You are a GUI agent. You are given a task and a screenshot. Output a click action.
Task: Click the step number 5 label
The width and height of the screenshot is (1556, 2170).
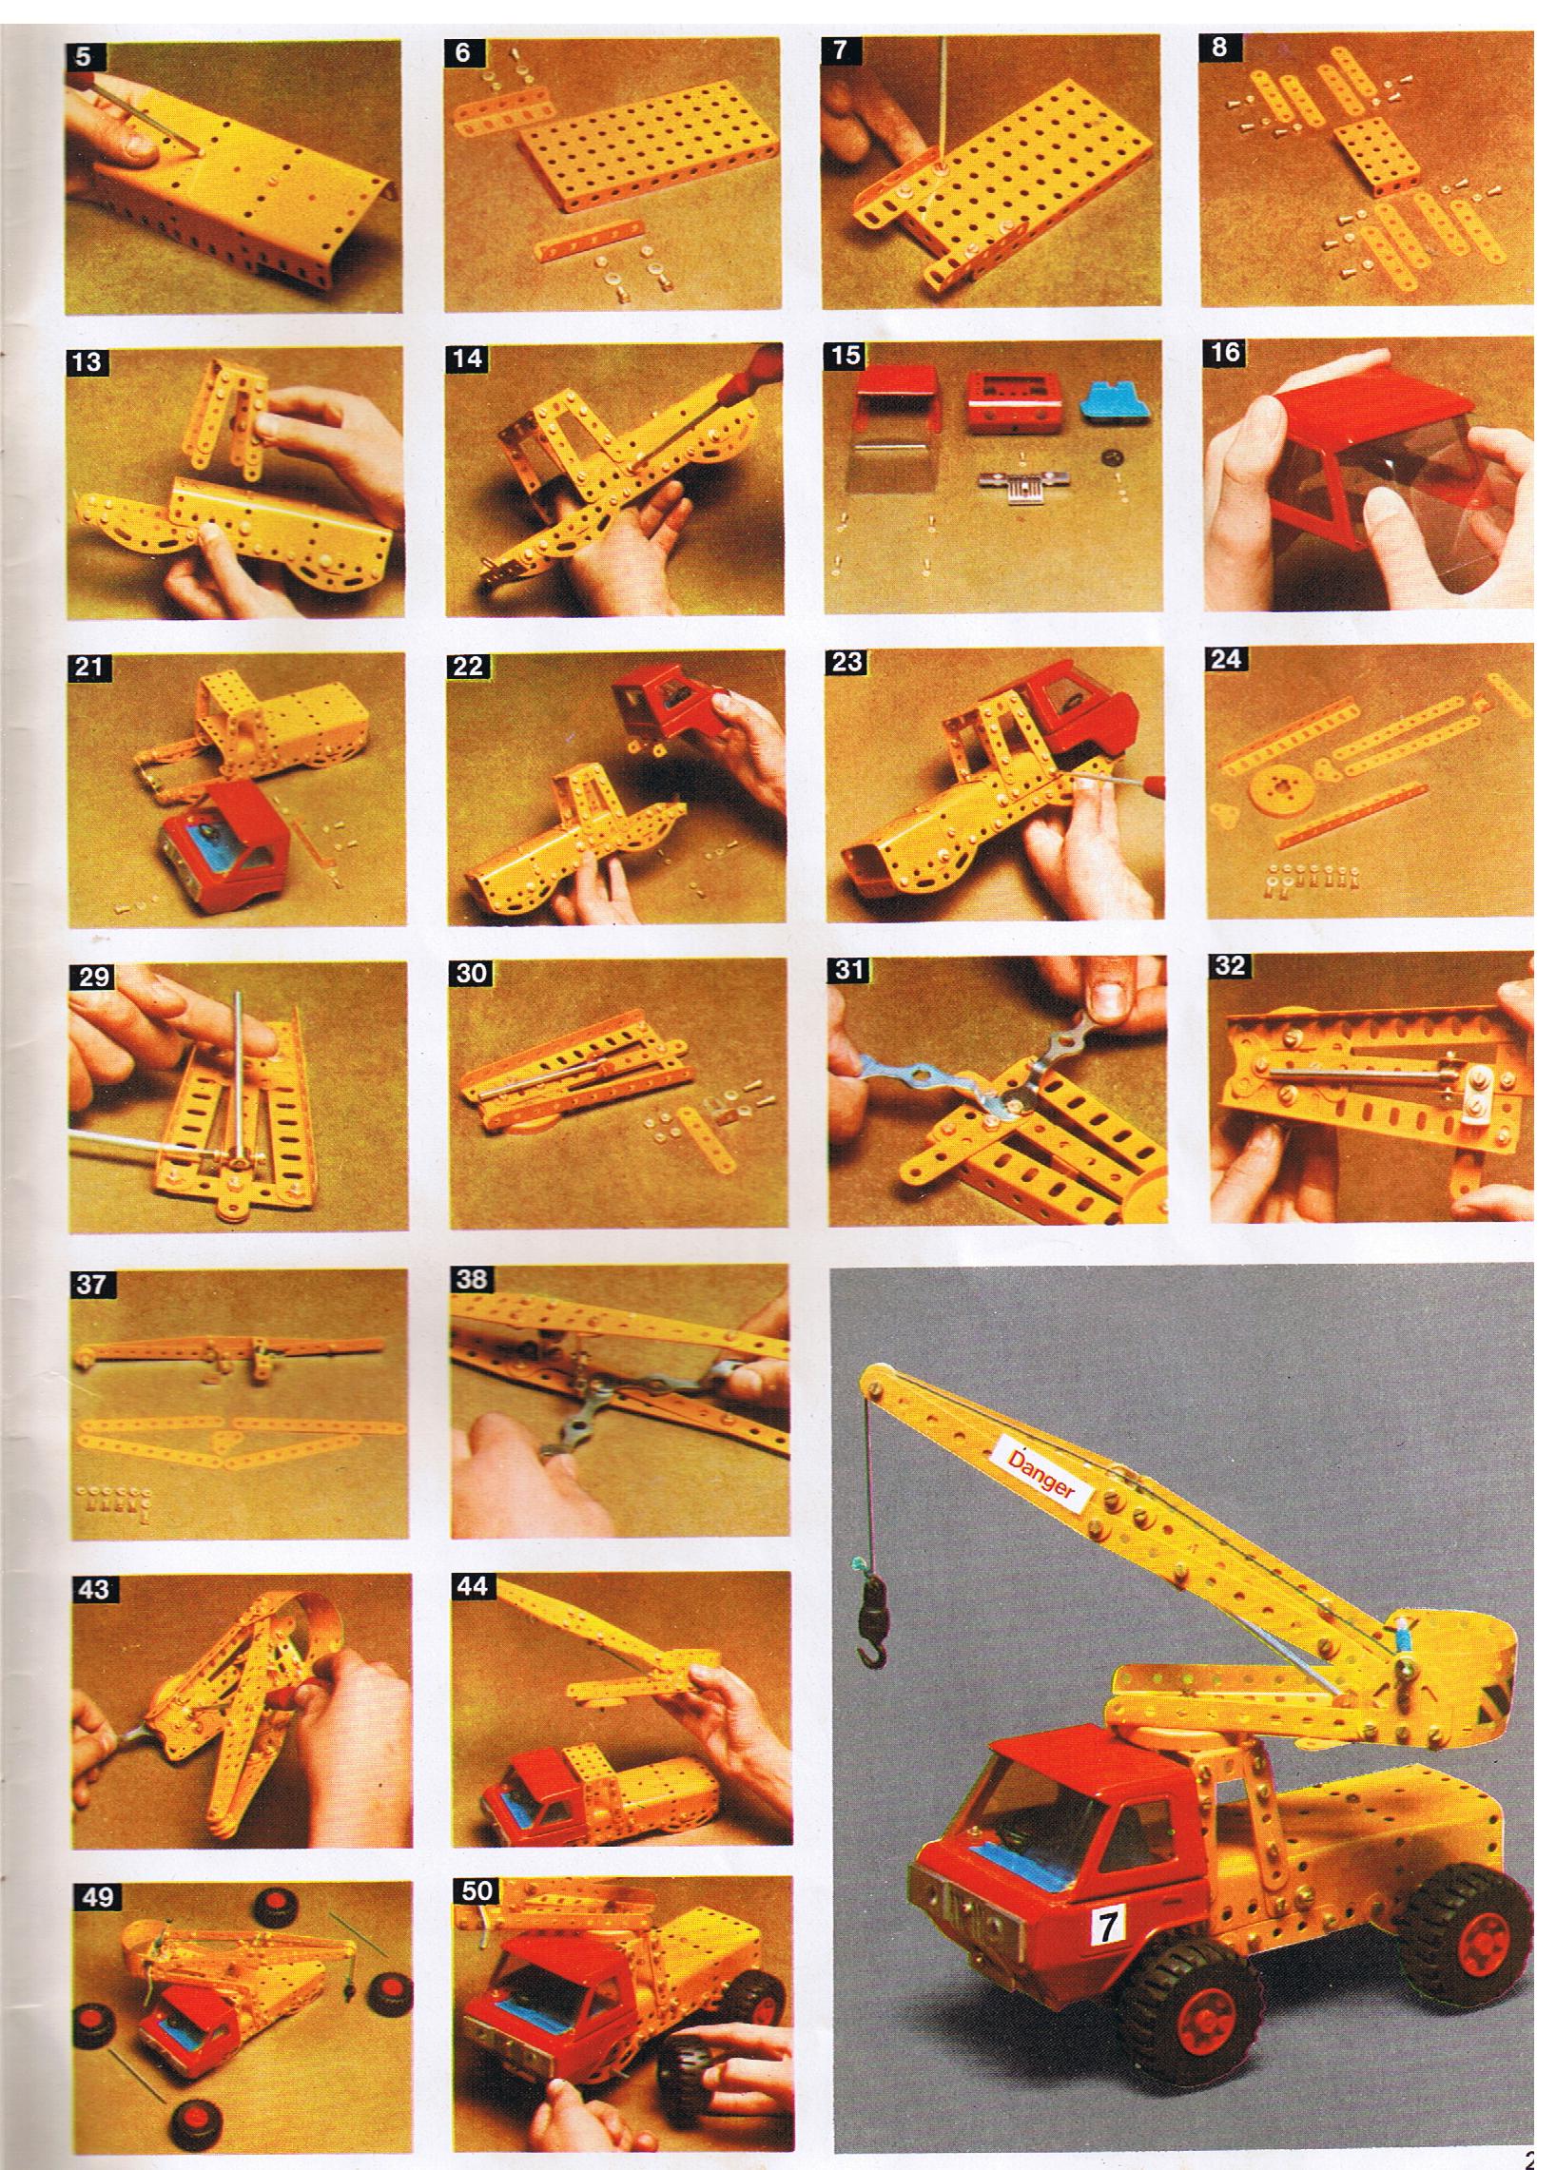coord(83,56)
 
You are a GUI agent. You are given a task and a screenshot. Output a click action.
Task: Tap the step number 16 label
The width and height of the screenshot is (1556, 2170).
coord(1225,352)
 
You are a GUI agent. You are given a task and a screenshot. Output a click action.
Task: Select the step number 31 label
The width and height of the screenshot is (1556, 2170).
coord(847,969)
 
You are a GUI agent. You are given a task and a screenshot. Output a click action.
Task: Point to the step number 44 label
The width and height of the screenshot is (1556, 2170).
coord(472,1587)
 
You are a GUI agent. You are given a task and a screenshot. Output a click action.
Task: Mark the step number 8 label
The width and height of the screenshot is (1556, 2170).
coord(1218,48)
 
